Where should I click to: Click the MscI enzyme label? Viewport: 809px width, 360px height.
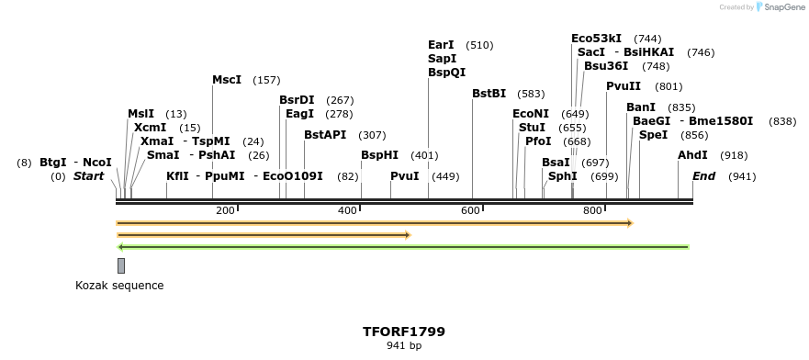[227, 80]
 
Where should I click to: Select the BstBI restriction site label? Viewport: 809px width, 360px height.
[489, 94]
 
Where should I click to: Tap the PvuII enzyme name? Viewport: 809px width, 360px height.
[624, 86]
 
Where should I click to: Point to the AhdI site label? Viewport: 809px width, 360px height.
[692, 155]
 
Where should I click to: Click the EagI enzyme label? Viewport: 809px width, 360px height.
[299, 114]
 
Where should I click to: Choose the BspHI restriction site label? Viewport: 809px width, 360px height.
[379, 155]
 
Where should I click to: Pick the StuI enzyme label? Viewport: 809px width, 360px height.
[532, 128]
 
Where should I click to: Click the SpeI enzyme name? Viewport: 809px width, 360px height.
[653, 135]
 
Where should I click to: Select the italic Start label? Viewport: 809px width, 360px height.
[89, 176]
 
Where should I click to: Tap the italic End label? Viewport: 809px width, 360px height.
[703, 176]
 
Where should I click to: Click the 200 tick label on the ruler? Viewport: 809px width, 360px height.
[225, 211]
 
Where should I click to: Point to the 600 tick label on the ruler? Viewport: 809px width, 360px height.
[470, 211]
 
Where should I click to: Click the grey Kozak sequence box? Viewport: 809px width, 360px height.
[121, 265]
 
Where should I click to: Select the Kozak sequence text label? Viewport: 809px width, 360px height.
[119, 286]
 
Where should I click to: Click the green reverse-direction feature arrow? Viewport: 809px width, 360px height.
[404, 246]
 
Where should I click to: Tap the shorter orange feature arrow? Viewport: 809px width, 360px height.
[263, 235]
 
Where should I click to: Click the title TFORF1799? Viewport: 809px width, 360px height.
[404, 331]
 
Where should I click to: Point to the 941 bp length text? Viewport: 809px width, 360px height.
[404, 346]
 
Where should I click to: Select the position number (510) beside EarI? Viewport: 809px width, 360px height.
[479, 45]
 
